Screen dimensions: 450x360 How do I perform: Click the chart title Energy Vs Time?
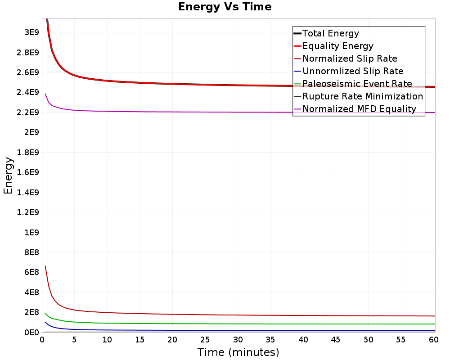coord(225,7)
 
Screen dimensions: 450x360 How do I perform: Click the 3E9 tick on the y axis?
coord(31,32)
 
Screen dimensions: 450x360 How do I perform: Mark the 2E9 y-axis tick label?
coord(31,132)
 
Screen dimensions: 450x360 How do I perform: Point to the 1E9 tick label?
coord(31,232)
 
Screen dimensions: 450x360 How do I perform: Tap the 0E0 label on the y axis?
coord(31,332)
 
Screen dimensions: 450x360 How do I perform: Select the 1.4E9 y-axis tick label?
coord(28,192)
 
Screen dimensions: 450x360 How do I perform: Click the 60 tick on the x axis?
coord(434,340)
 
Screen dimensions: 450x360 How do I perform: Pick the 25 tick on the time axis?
coord(205,340)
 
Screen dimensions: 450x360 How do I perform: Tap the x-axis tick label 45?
coord(336,340)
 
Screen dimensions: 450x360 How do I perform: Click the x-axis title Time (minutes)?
coord(238,352)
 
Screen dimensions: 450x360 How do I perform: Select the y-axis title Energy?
coord(8,175)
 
